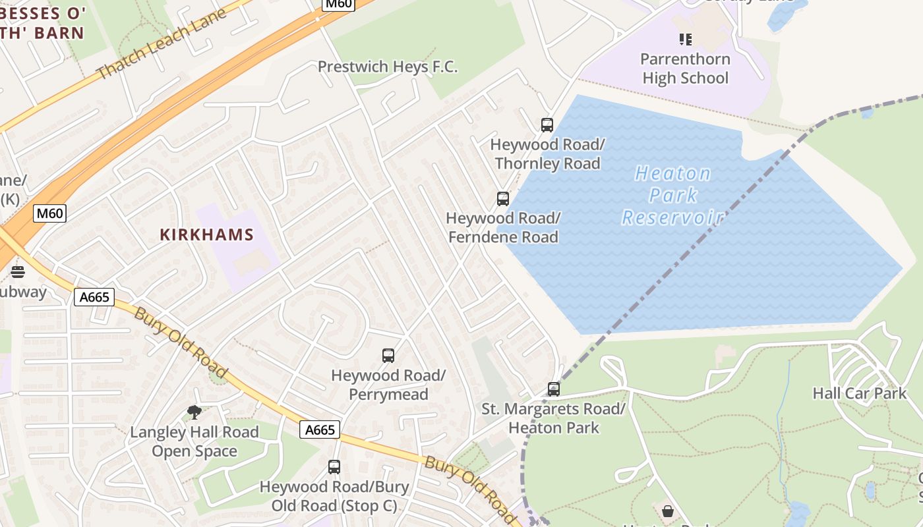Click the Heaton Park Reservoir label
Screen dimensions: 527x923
[x=673, y=195]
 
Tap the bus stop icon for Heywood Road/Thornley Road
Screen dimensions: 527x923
[x=547, y=125]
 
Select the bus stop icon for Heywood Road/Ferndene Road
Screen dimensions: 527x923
[x=503, y=198]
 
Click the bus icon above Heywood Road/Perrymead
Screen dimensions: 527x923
[x=388, y=356]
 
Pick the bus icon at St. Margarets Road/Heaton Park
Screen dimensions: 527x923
[x=554, y=389]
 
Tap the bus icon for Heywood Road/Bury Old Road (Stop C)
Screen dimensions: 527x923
[x=334, y=467]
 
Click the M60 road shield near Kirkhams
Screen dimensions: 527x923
[x=50, y=213]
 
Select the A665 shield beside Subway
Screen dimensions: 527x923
[x=94, y=297]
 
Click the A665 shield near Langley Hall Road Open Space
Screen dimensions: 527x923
[x=320, y=430]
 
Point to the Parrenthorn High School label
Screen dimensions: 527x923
[x=685, y=69]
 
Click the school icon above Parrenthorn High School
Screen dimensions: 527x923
[x=685, y=40]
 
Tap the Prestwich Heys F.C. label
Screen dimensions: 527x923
[x=388, y=67]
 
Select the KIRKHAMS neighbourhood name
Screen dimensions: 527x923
[x=207, y=235]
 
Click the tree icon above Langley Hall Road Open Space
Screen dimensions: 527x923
[x=194, y=412]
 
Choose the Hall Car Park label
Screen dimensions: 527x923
[x=859, y=393]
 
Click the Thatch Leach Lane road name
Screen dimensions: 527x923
[x=162, y=43]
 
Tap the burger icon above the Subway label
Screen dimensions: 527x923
[x=18, y=272]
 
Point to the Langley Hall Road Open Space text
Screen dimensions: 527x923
[x=194, y=441]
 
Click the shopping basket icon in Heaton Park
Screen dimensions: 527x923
[x=667, y=511]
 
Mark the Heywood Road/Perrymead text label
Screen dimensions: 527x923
[x=388, y=385]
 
